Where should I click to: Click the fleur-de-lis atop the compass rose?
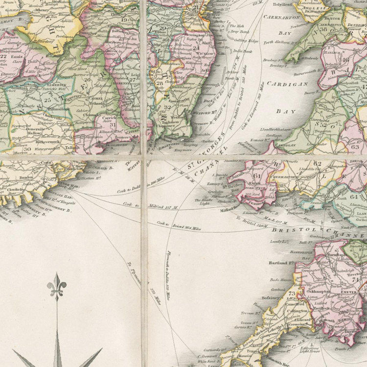pyautogui.click(x=57, y=286)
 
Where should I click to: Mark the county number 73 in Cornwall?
pyautogui.click(x=292, y=293)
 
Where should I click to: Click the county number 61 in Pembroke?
pyautogui.click(x=257, y=176)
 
